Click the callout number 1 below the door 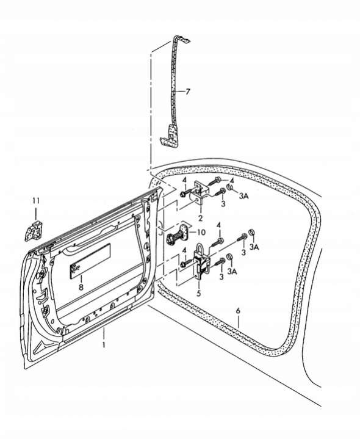(104, 344)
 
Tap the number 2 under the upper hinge (200, 218)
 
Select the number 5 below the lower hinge (199, 294)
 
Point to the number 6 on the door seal (238, 311)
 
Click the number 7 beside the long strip (188, 91)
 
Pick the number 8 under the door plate (81, 287)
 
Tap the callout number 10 (201, 232)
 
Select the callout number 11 (36, 201)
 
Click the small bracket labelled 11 (34, 231)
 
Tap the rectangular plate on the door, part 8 (90, 261)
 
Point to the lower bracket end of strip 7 (170, 136)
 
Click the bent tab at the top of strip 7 (182, 39)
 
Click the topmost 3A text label (244, 196)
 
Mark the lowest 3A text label (232, 271)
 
